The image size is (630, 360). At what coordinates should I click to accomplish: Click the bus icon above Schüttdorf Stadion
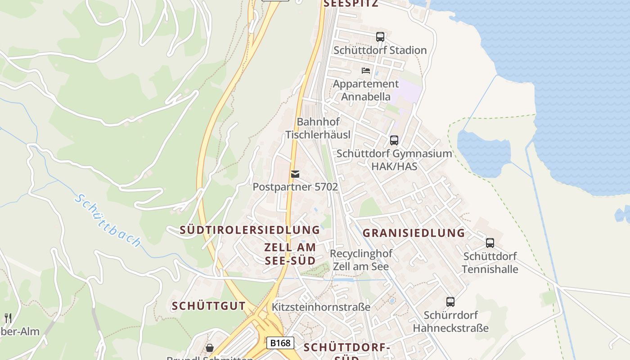click(380, 37)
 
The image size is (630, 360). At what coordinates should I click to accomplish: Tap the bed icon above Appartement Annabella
click(366, 71)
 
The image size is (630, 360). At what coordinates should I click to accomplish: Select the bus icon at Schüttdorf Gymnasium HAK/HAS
click(394, 140)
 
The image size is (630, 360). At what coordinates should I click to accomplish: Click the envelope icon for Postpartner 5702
click(295, 174)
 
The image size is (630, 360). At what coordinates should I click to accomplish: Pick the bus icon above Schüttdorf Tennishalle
click(490, 243)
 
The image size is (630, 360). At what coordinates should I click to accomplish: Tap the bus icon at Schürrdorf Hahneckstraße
click(450, 302)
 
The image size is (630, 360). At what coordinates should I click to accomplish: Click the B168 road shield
click(280, 343)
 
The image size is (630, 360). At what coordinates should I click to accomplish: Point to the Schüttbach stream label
click(108, 220)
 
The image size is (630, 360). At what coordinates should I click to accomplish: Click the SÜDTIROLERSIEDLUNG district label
click(250, 230)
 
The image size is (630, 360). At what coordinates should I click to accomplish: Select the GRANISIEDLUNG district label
click(414, 233)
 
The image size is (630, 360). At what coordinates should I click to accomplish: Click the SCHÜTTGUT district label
click(209, 306)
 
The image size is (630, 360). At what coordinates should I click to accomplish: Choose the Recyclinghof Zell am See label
click(361, 260)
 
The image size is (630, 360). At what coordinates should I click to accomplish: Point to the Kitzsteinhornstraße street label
click(321, 307)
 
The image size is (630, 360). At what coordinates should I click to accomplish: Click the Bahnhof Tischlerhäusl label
click(318, 128)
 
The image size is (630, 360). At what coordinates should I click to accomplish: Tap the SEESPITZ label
click(351, 4)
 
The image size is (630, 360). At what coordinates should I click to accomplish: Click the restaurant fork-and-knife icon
click(8, 318)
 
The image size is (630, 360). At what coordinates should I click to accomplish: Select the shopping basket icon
click(210, 348)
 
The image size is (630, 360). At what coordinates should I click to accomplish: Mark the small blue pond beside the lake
click(484, 153)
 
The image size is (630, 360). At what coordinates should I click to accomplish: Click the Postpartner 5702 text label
click(295, 187)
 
